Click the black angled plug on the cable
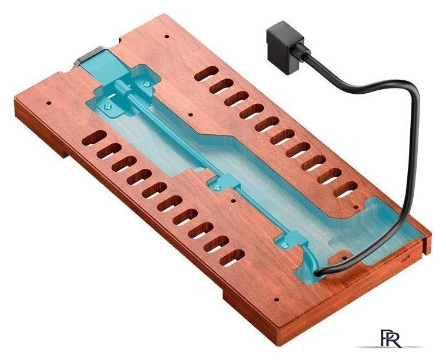point(285,49)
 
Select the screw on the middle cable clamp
point(218,187)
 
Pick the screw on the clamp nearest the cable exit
point(283,244)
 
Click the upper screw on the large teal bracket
point(147,83)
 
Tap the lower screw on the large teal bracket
point(109,106)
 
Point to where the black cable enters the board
point(316,273)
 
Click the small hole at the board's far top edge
point(167,37)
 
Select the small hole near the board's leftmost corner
point(48,103)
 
